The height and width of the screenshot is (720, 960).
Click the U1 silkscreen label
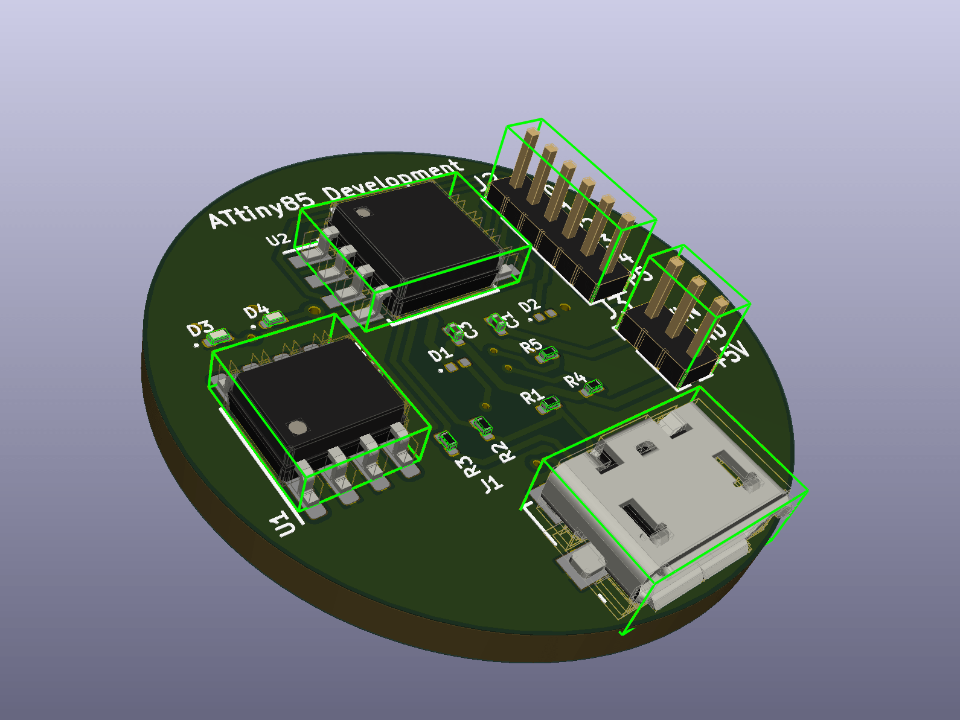click(x=285, y=523)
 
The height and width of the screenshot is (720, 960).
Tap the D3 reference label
click(x=200, y=329)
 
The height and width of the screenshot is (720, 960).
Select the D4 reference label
click(x=256, y=311)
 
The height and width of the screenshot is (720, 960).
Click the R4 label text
click(x=575, y=380)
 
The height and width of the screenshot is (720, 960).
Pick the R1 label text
click(x=531, y=397)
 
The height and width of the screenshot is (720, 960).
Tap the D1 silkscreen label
click(x=440, y=355)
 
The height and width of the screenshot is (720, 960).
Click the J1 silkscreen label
click(x=491, y=483)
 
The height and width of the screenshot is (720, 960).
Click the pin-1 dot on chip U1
click(x=296, y=427)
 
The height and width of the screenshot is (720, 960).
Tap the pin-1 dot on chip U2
click(x=362, y=212)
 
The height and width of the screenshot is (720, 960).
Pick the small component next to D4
click(x=274, y=318)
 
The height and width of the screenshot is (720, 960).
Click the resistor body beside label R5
click(x=549, y=353)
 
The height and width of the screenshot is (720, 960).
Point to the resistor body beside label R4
click(x=594, y=386)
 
